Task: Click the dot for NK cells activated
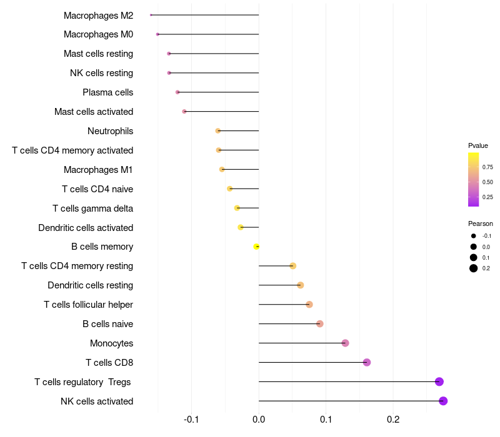pos(443,401)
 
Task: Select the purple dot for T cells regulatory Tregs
pos(439,381)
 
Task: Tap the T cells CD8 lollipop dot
pos(367,362)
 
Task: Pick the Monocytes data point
pos(345,343)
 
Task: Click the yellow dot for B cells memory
pos(256,247)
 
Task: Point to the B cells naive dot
pos(320,323)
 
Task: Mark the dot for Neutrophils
pos(218,130)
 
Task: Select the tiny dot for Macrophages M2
pos(151,15)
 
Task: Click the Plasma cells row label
pos(107,92)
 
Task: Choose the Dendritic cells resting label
pos(90,285)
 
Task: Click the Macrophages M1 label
pos(98,169)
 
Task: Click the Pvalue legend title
pos(478,145)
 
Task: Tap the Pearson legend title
pos(480,223)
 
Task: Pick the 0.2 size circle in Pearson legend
pos(474,268)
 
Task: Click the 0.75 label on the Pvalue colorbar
pos(487,167)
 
